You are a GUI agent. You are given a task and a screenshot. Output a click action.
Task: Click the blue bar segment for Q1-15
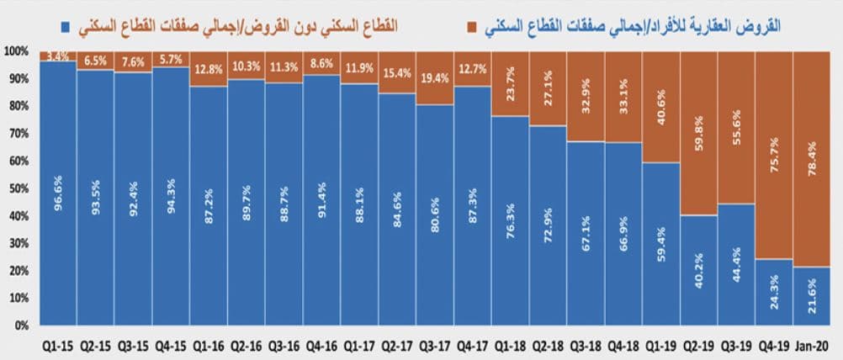(57, 193)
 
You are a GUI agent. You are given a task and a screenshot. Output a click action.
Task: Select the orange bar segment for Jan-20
(812, 160)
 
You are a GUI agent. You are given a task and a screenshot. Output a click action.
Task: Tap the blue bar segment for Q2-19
(698, 269)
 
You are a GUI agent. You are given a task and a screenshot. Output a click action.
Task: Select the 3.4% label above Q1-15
(57, 56)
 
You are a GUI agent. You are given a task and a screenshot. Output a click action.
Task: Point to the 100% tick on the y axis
(16, 51)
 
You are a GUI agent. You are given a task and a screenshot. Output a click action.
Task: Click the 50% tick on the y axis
(19, 188)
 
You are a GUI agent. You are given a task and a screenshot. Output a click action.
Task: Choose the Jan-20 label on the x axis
(812, 345)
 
